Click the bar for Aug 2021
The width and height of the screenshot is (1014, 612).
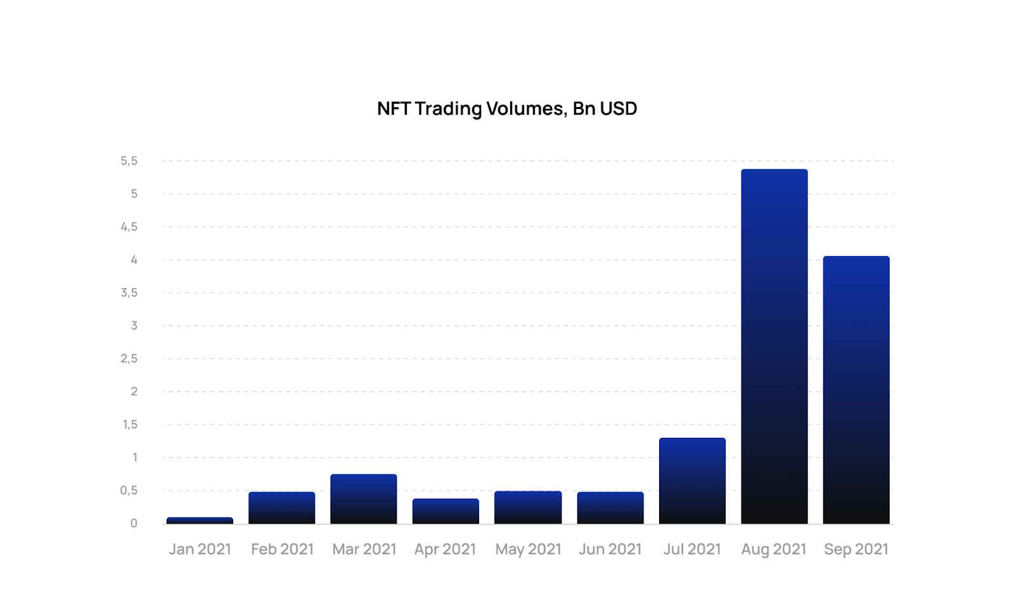[774, 347]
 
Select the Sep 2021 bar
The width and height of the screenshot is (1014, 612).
[856, 390]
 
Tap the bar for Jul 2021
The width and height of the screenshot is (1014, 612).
[692, 481]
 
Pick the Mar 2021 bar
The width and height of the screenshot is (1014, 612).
[364, 499]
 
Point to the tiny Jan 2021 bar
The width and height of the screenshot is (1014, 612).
[200, 521]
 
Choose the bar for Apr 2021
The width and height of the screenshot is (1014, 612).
[446, 511]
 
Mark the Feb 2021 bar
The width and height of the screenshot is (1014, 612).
[281, 507]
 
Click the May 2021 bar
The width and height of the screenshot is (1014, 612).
[528, 507]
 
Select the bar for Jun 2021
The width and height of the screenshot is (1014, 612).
[610, 507]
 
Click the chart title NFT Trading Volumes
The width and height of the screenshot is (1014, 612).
[506, 109]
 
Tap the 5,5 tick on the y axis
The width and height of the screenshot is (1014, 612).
[129, 161]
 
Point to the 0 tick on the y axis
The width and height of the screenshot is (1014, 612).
[134, 523]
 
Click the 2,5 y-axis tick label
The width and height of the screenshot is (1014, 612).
[129, 359]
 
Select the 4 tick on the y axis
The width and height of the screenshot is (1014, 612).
[134, 260]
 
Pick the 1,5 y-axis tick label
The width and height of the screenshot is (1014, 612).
[130, 424]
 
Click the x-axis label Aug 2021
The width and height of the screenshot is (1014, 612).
[774, 549]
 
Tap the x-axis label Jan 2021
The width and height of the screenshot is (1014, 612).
[200, 549]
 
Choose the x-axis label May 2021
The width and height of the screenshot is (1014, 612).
[528, 549]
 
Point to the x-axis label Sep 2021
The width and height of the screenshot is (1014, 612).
[856, 549]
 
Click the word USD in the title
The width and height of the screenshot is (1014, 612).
[618, 109]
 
